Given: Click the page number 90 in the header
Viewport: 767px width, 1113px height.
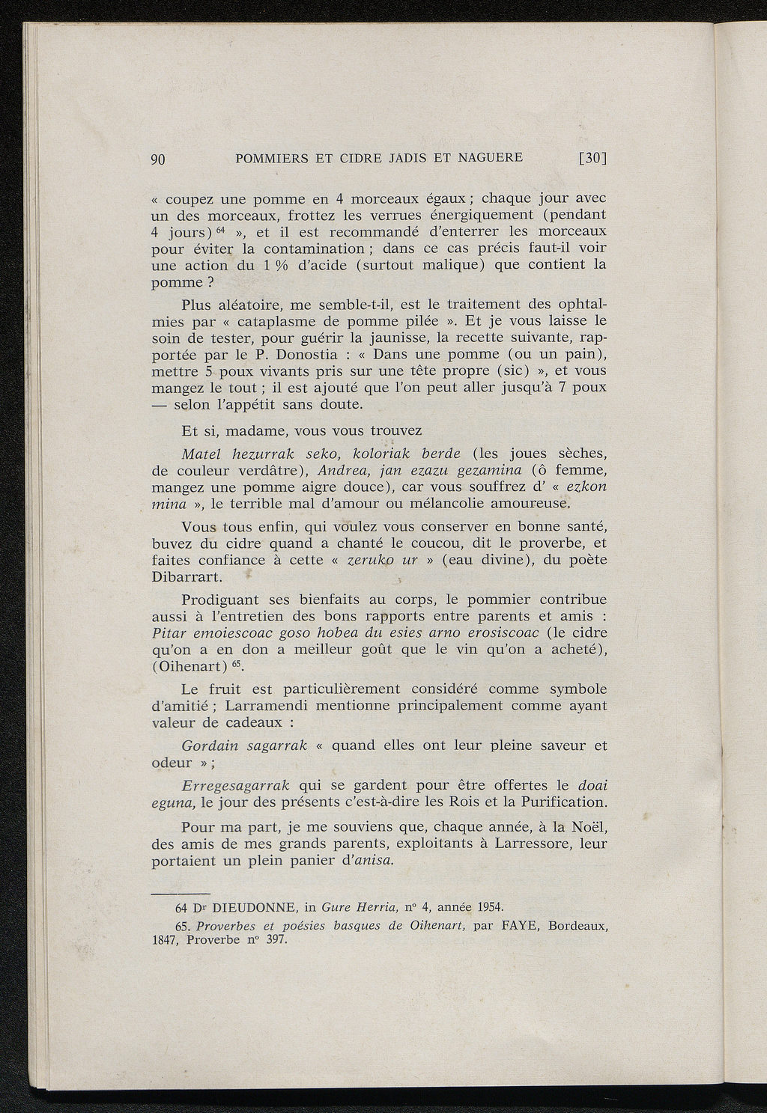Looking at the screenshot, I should click(158, 159).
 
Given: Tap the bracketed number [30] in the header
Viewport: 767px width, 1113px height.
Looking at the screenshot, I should click(592, 158).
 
